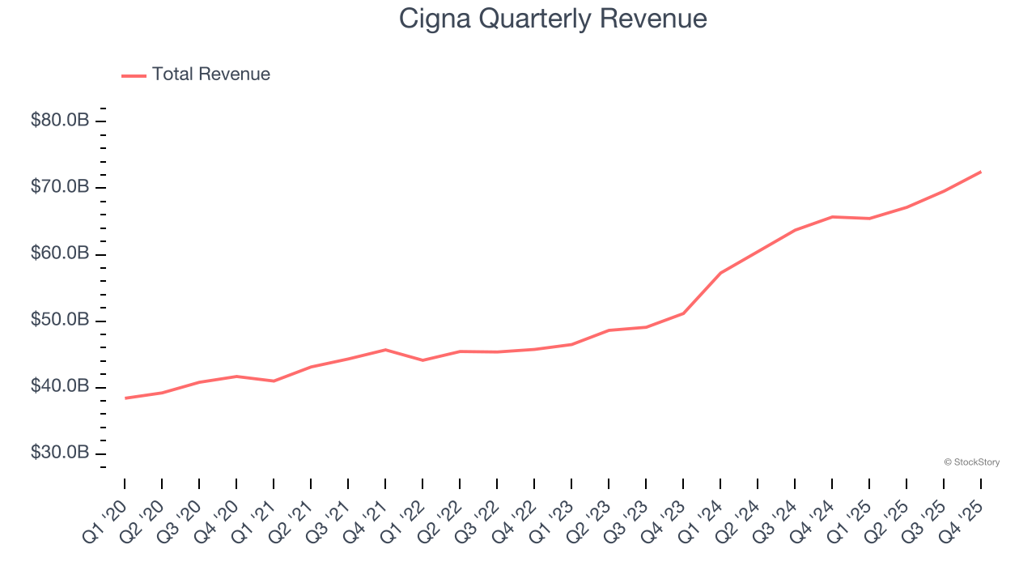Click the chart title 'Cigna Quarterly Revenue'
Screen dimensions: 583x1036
coord(553,19)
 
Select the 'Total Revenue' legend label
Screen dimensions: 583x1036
coord(210,74)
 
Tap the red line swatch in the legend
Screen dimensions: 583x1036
coord(134,75)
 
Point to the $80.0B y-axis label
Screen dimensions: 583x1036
coord(60,121)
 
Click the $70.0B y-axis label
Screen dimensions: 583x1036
coord(60,187)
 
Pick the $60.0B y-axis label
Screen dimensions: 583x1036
coord(60,253)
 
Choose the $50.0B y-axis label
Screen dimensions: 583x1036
coord(60,320)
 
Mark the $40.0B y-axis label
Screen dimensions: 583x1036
coord(60,386)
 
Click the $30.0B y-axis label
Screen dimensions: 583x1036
coord(60,453)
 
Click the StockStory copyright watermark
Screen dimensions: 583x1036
coord(971,462)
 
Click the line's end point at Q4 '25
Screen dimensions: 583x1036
coord(981,172)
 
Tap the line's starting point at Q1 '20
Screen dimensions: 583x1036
coord(125,398)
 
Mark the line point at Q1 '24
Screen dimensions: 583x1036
coord(720,273)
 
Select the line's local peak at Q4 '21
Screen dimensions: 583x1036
coord(385,350)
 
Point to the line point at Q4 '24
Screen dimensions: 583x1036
coord(832,217)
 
